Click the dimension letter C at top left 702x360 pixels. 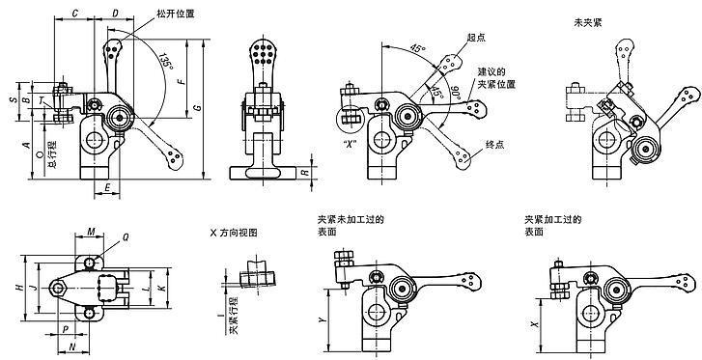[76, 15]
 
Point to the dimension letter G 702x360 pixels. [197, 109]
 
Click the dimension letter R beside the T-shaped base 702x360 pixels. [305, 173]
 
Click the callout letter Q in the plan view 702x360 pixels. [126, 236]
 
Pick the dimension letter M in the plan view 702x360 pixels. [90, 233]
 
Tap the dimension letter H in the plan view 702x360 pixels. [19, 289]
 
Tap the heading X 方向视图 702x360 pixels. [235, 234]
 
